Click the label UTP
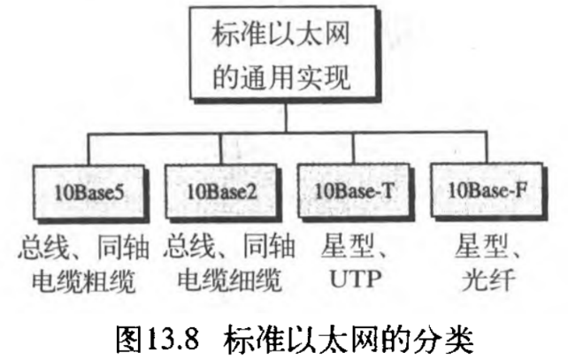click(354, 281)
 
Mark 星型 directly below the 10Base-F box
click(476, 241)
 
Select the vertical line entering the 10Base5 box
click(89, 149)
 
